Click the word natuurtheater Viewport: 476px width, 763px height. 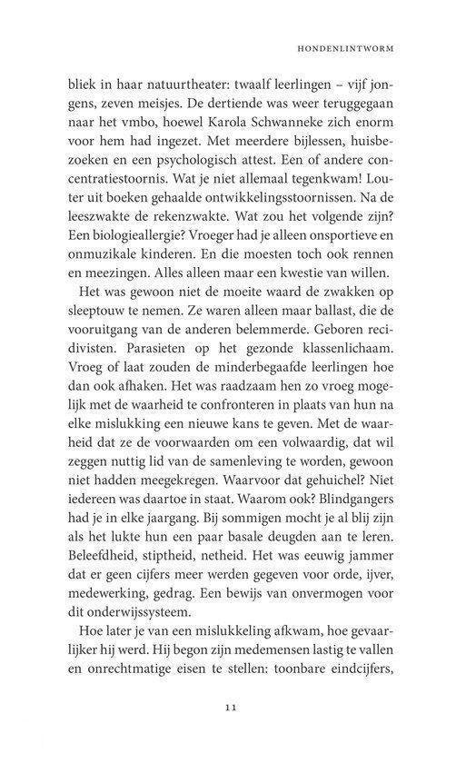(178, 89)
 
